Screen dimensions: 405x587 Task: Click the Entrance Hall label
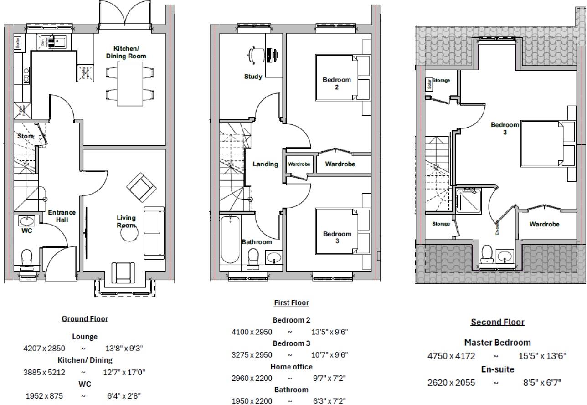coord(62,216)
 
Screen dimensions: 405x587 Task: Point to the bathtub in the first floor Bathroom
coord(230,240)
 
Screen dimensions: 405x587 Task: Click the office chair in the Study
coord(254,55)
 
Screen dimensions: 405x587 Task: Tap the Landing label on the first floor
coord(265,164)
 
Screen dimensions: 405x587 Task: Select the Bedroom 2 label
coord(337,83)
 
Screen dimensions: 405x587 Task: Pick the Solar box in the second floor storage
coord(428,84)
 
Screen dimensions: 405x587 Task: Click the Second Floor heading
coord(497,322)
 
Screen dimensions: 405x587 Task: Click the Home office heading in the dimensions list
coord(291,367)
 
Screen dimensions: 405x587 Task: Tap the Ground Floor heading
coord(85,319)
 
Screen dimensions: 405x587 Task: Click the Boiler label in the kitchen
coord(18,43)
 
